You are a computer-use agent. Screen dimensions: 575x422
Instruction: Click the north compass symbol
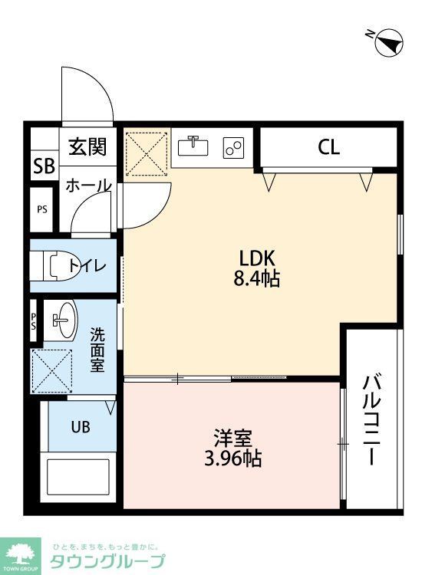(x=388, y=41)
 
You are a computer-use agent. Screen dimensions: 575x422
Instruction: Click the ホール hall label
(x=87, y=186)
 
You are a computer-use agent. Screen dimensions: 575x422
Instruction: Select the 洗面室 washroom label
(x=97, y=349)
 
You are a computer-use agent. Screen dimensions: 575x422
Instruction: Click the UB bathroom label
(x=81, y=427)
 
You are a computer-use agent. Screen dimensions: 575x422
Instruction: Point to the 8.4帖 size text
(x=256, y=278)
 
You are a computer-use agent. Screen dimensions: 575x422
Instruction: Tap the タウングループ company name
(x=107, y=561)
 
